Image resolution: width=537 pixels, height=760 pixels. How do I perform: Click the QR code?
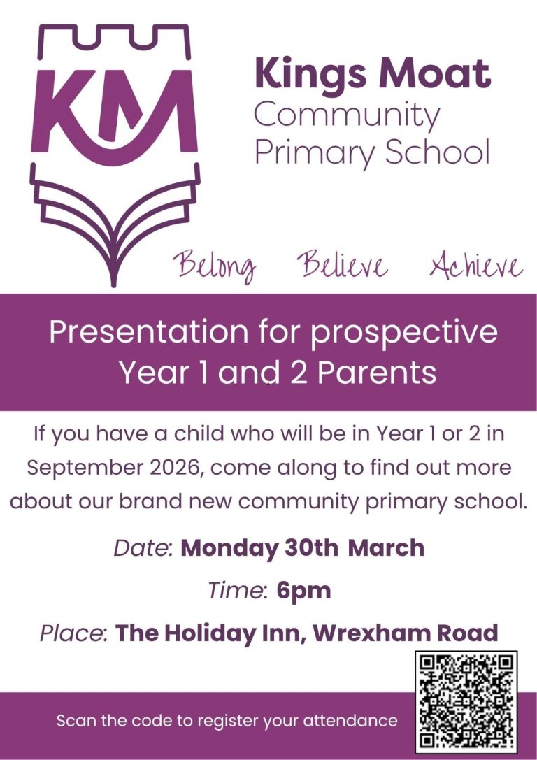[466, 701]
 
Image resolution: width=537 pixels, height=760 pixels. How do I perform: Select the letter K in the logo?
[62, 110]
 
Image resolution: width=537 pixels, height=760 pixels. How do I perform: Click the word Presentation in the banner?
[148, 333]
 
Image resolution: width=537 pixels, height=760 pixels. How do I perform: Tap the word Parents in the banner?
[377, 373]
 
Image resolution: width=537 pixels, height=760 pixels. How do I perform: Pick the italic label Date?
[143, 548]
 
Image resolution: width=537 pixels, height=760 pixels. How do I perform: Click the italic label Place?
[73, 633]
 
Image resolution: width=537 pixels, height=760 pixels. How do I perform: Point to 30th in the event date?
[312, 548]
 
